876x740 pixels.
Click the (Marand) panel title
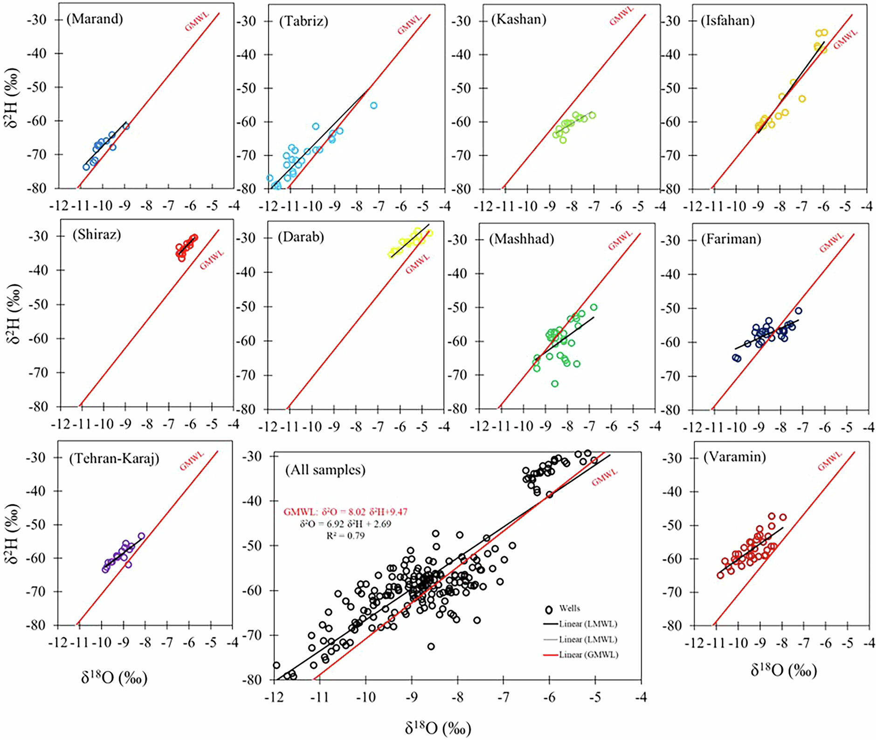point(95,19)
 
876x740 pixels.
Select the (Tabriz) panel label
point(303,21)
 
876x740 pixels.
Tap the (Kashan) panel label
point(518,20)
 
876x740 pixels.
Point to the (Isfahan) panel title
point(728,21)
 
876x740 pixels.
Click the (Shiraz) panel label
point(97,234)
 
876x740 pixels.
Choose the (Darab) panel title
point(301,237)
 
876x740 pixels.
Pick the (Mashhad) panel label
point(521,239)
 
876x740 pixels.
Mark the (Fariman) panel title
point(731,239)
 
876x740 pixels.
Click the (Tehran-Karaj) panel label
point(114,459)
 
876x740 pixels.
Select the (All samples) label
point(325,470)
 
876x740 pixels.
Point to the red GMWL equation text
point(345,512)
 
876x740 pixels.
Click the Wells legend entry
point(569,608)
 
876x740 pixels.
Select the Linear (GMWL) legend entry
point(588,655)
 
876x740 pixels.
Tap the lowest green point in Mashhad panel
point(555,384)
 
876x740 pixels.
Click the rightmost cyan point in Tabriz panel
point(373,106)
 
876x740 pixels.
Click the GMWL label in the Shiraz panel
point(212,260)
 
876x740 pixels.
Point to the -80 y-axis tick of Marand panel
point(48,188)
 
